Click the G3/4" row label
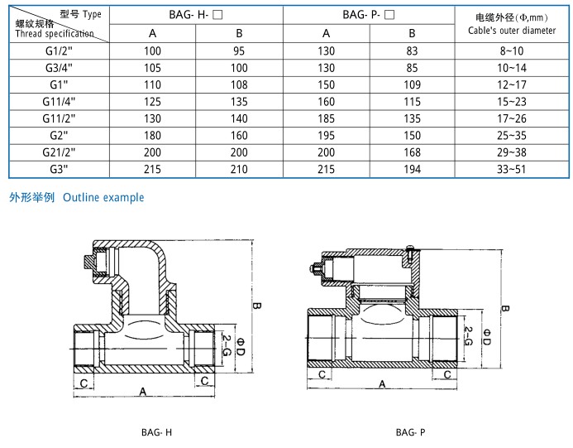[58, 67]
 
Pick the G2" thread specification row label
[58, 135]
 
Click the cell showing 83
[413, 51]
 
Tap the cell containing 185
[327, 118]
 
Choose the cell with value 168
[413, 152]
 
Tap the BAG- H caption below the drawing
[156, 432]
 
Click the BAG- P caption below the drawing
[410, 432]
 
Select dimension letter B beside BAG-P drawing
[505, 310]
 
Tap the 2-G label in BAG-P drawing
[468, 335]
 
